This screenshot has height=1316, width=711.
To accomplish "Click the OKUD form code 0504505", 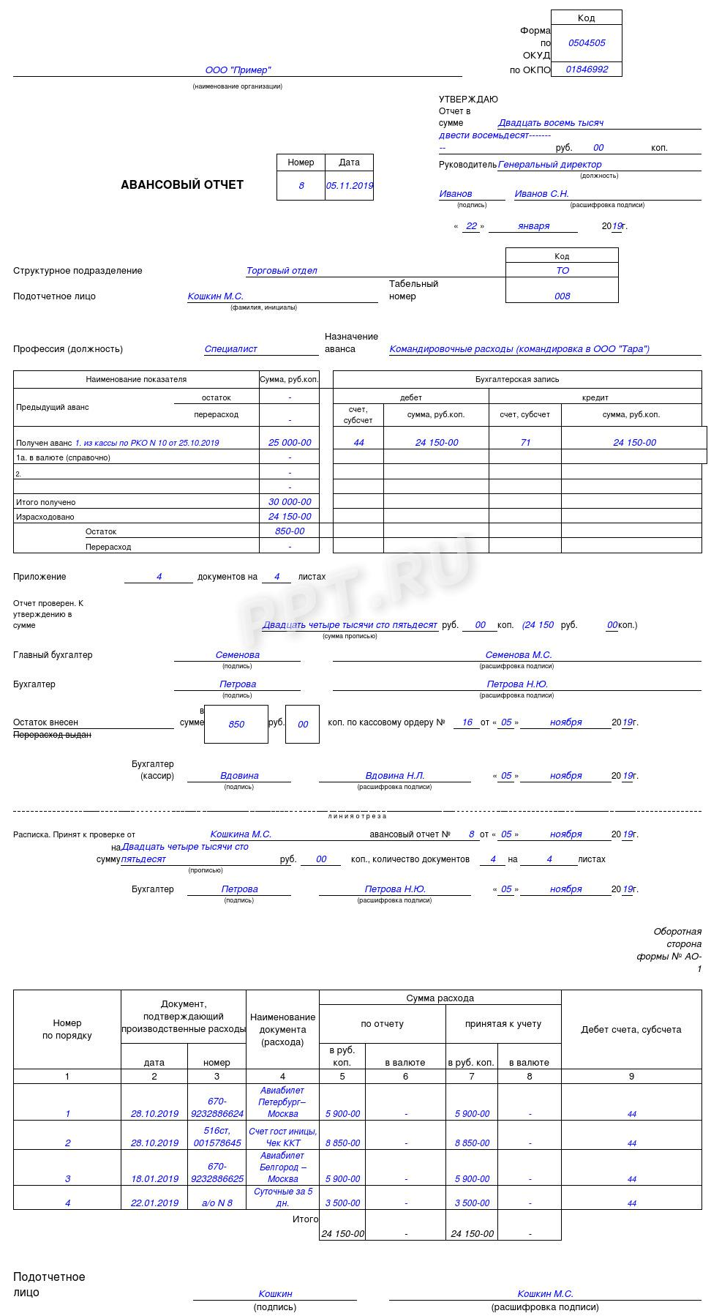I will coord(587,43).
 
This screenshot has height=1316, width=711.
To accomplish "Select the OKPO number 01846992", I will coord(587,70).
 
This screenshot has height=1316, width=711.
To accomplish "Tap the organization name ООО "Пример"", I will coord(238,70).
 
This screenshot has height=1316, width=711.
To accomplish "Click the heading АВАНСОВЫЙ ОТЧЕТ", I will coord(182,185).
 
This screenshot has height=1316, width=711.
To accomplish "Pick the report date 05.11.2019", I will coord(350,186).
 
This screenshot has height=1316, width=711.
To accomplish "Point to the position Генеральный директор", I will coord(550,165).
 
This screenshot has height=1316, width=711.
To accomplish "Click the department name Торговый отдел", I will coord(282,271).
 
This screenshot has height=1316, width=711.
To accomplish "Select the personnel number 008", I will coord(562,296).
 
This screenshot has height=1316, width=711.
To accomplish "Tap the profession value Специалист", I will coord(230,349).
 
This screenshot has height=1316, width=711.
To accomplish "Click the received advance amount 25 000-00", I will coord(290,443).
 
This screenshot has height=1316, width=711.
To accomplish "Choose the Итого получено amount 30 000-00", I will coord(290,502).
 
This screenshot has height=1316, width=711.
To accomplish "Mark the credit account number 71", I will coord(525,443).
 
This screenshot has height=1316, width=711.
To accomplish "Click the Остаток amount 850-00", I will coord(290,531).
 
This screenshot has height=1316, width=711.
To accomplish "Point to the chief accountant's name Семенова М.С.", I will coord(518,655).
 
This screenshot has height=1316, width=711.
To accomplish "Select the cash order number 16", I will coord(467,722).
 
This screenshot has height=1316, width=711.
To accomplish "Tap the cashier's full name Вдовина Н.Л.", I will coord(395,776).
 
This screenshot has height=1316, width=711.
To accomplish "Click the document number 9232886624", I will coord(217,1114).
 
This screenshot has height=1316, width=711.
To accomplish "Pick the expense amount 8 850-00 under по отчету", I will coord(342,1143).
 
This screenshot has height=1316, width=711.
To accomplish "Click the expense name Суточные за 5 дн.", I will coord(283,1197).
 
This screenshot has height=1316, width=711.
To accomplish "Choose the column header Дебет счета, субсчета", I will coord(631,1030).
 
